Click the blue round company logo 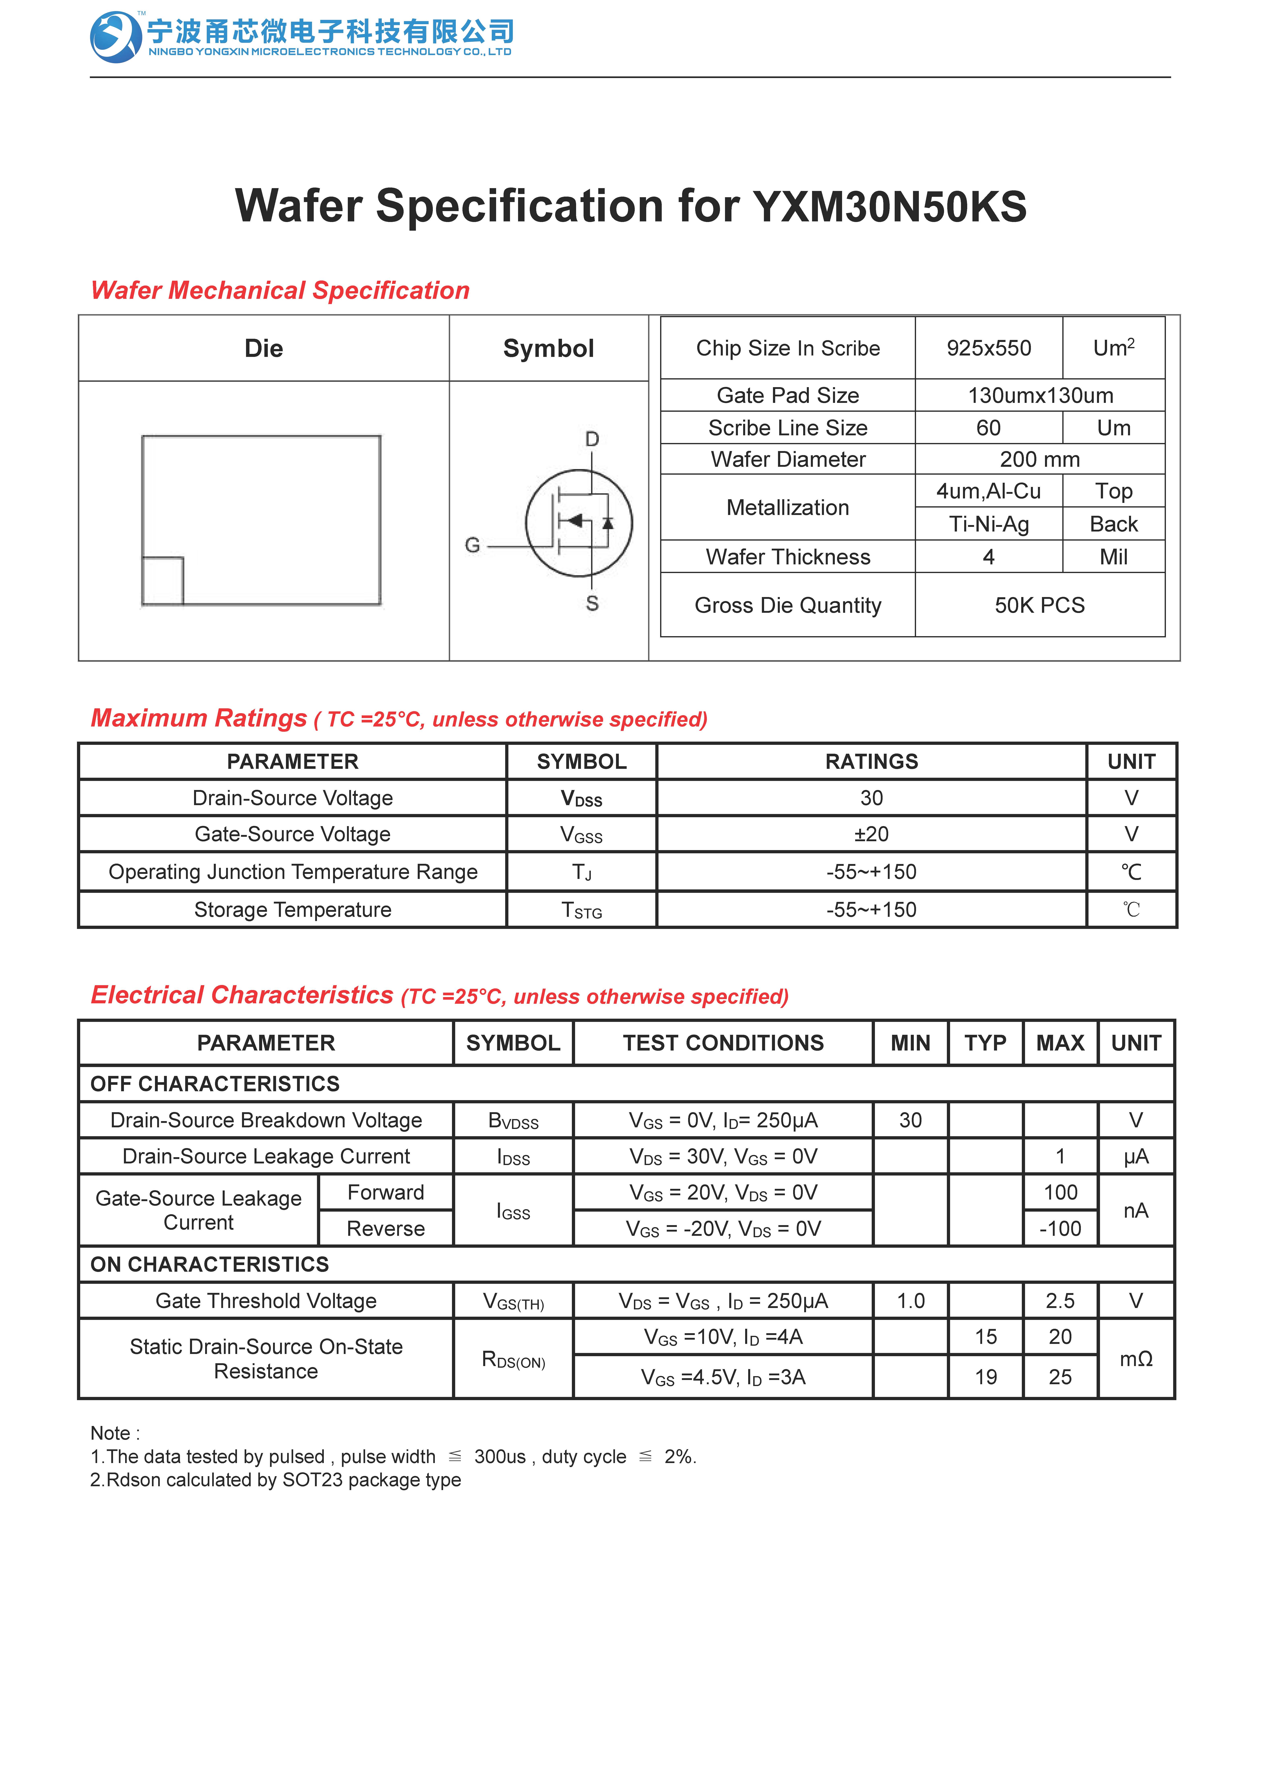tap(116, 36)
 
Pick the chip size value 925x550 tap(988, 348)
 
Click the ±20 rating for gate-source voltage tap(871, 834)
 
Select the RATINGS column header tap(871, 761)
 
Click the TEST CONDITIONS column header tap(723, 1042)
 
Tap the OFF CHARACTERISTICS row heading tap(215, 1084)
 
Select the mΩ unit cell tap(1135, 1359)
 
